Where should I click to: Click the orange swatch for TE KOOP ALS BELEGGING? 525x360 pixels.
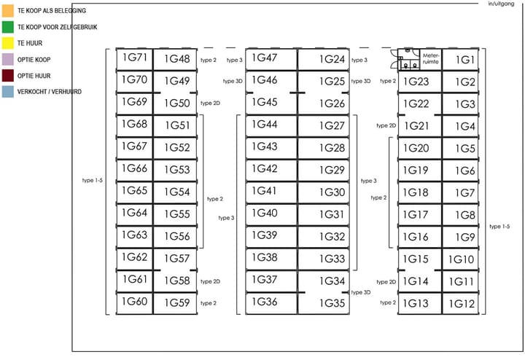coord(8,10)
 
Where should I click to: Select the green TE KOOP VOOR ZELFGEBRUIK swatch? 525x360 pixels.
coord(8,27)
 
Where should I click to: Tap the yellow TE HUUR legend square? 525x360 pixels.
coord(8,43)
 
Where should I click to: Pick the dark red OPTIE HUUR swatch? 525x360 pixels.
coord(8,75)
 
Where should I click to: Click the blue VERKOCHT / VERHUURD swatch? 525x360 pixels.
coord(8,92)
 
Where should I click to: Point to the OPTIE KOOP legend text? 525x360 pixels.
coord(34,59)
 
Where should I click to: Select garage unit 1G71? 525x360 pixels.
coord(134,58)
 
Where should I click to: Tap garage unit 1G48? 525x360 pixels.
coord(176,60)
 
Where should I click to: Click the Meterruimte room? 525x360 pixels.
coord(430,59)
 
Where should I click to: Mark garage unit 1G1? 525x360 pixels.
coord(465,60)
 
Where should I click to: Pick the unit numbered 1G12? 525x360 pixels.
coord(462,304)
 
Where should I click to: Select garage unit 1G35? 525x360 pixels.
coord(332,303)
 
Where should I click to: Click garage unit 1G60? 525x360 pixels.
coord(134,302)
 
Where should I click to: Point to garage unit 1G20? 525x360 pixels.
coord(416,148)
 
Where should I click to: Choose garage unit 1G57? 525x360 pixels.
coord(176,259)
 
